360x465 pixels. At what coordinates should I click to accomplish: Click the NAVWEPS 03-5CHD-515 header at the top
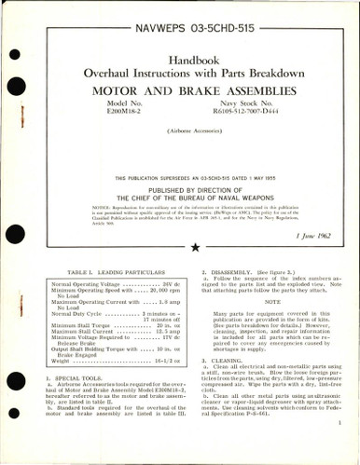coord(179,17)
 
